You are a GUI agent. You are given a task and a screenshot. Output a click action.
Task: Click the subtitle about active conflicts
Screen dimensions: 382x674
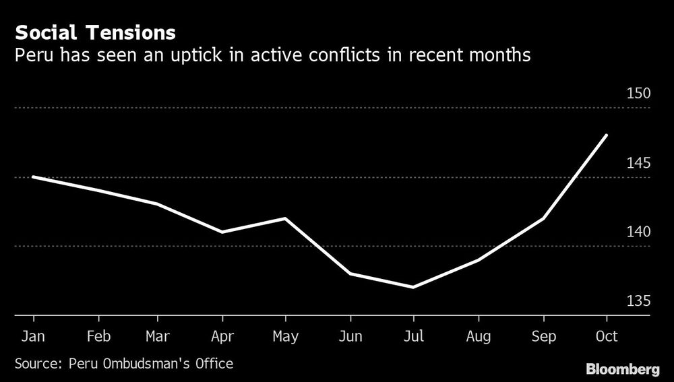click(272, 55)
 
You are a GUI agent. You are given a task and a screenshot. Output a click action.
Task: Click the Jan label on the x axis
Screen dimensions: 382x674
click(33, 336)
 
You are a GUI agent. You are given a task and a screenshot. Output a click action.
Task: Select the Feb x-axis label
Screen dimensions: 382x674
click(98, 336)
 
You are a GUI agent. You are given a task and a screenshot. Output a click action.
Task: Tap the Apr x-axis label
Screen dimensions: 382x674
click(222, 336)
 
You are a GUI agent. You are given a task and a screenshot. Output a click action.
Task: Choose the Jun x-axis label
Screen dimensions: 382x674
click(349, 336)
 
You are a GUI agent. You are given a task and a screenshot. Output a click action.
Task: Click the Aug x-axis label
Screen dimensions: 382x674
click(478, 336)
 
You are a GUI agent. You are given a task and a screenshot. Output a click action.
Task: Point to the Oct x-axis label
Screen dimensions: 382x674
click(606, 336)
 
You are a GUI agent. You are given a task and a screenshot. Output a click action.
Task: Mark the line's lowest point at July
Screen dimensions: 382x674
click(413, 288)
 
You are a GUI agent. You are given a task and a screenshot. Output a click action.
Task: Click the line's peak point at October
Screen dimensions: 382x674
click(607, 135)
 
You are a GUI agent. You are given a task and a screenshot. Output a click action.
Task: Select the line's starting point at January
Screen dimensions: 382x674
click(33, 177)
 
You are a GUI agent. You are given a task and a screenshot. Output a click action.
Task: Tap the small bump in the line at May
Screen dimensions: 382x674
click(285, 218)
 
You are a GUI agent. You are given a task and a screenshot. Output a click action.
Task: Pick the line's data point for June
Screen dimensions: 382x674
click(349, 274)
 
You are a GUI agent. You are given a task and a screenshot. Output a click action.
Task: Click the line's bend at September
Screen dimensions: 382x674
click(543, 218)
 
